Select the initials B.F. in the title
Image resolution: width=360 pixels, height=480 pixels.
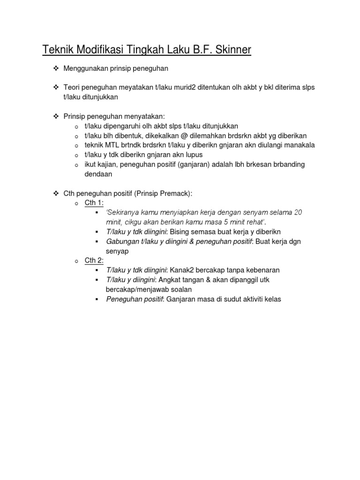[199, 50]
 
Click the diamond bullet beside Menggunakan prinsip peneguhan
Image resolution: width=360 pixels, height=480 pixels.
[55, 68]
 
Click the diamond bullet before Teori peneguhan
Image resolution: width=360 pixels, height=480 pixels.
[55, 88]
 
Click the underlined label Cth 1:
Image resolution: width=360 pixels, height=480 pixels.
[94, 203]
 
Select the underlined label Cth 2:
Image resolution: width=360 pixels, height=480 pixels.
[94, 261]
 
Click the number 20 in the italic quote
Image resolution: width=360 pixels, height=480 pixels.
[298, 213]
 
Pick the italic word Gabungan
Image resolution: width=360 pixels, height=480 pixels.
[122, 241]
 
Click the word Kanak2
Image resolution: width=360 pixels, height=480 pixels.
[182, 270]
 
